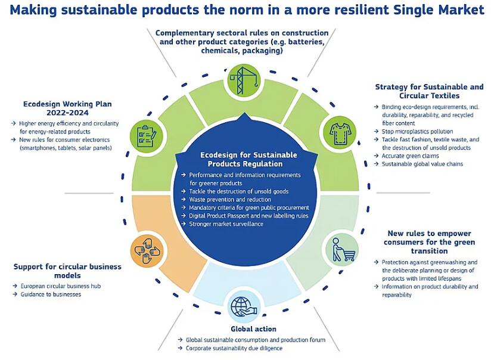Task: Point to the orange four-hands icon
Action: [147, 250]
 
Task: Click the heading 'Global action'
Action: [253, 329]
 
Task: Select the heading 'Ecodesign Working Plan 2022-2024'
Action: [67, 108]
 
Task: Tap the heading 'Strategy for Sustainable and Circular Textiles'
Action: [429, 91]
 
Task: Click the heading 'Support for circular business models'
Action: [67, 271]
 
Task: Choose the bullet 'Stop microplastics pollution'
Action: [417, 132]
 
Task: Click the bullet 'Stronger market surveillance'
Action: [226, 224]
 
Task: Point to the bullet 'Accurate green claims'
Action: [410, 156]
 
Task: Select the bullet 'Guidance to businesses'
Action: [51, 294]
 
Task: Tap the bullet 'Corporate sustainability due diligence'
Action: [234, 348]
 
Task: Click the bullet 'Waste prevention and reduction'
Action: [229, 199]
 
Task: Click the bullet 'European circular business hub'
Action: [61, 286]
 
